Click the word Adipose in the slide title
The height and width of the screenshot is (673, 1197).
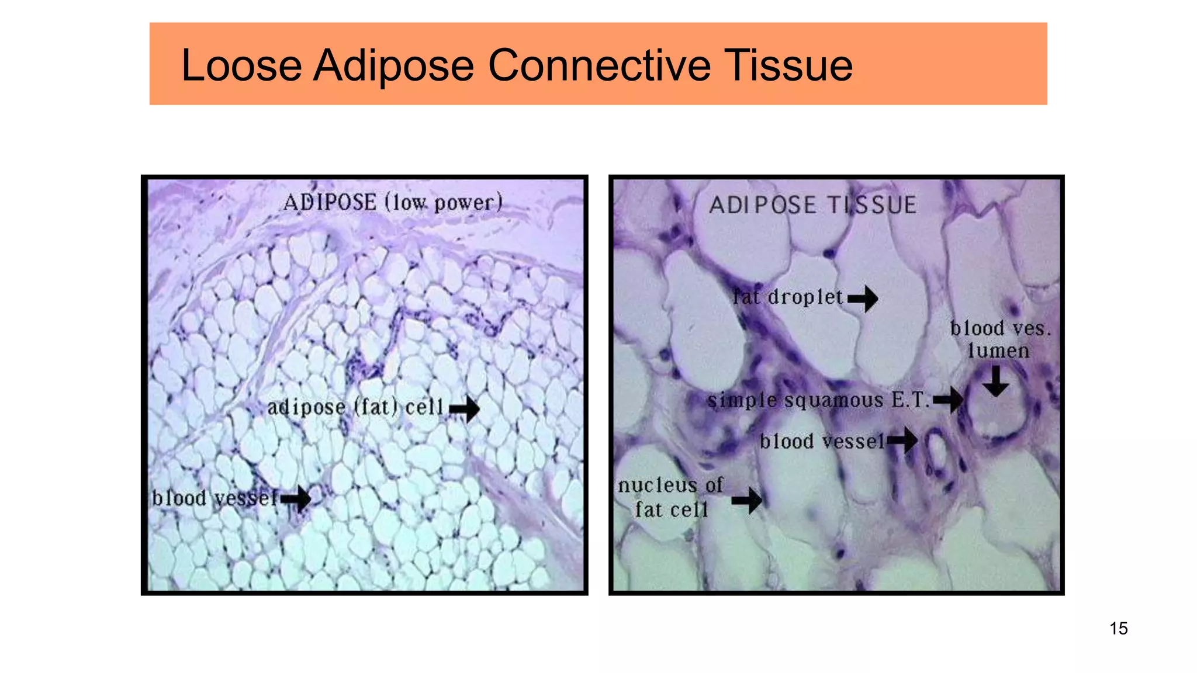pyautogui.click(x=393, y=65)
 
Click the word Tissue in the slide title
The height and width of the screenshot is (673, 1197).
pyautogui.click(x=788, y=65)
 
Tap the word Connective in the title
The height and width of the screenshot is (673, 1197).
pyautogui.click(x=599, y=65)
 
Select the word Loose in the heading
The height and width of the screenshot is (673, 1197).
pyautogui.click(x=241, y=65)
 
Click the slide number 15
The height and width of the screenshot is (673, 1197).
pyautogui.click(x=1118, y=629)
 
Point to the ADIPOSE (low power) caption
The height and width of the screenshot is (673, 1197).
pyautogui.click(x=393, y=203)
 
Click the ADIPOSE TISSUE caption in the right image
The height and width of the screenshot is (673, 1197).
pyautogui.click(x=812, y=205)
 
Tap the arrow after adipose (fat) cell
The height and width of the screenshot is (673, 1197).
pyautogui.click(x=465, y=408)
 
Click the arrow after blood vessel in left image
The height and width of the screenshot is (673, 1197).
pyautogui.click(x=296, y=498)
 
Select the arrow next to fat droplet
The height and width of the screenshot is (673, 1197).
pyautogui.click(x=863, y=299)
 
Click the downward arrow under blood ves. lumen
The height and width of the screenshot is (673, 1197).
pyautogui.click(x=995, y=381)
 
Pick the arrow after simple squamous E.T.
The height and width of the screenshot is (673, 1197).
pyautogui.click(x=949, y=400)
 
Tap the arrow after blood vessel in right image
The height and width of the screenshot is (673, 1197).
pyautogui.click(x=903, y=440)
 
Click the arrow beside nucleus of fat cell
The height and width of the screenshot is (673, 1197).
pyautogui.click(x=747, y=499)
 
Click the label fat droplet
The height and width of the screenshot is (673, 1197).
pyautogui.click(x=787, y=297)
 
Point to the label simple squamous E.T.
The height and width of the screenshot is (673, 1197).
pyautogui.click(x=818, y=401)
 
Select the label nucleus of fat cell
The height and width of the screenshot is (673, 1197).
pyautogui.click(x=671, y=497)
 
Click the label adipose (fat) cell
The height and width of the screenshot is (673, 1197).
pyautogui.click(x=355, y=407)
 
